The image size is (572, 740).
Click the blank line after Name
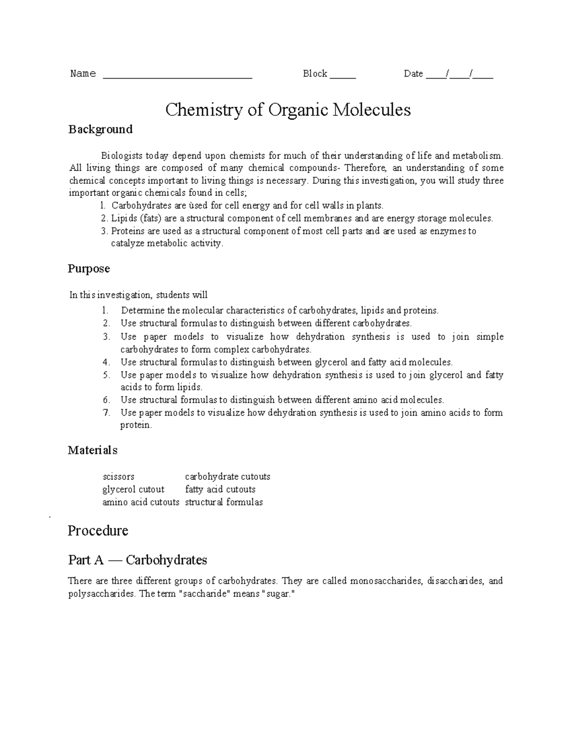pyautogui.click(x=177, y=75)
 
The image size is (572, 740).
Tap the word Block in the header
pyautogui.click(x=315, y=73)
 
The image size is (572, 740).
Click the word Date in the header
pyautogui.click(x=413, y=73)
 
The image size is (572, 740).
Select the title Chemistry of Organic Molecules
pyautogui.click(x=288, y=110)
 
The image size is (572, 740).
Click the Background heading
pyautogui.click(x=100, y=129)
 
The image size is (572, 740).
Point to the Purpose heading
pyautogui.click(x=89, y=269)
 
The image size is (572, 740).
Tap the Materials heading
pyautogui.click(x=92, y=450)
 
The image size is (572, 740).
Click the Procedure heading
pyautogui.click(x=98, y=531)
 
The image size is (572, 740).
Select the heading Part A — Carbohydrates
pyautogui.click(x=137, y=560)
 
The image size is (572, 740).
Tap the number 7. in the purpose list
pyautogui.click(x=106, y=413)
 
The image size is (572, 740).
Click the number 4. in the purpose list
pyautogui.click(x=106, y=362)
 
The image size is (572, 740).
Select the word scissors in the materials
pyautogui.click(x=118, y=476)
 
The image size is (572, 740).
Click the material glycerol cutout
pyautogui.click(x=133, y=489)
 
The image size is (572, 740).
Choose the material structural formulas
pyautogui.click(x=224, y=502)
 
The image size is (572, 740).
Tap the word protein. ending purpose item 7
pyautogui.click(x=136, y=425)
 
